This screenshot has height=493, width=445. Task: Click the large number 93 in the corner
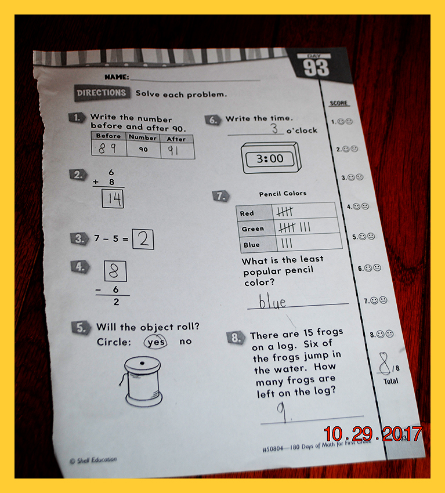pos(316,68)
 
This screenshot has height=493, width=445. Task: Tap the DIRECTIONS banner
pos(102,93)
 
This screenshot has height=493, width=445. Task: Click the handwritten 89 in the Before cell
pos(107,148)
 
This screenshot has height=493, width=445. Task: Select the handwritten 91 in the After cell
pos(173,150)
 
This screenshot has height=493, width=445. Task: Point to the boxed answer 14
pos(113,199)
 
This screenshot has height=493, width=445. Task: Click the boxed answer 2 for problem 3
pos(143,240)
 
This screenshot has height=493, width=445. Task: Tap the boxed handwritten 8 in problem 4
pos(115,271)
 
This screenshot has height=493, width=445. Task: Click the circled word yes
pos(155,342)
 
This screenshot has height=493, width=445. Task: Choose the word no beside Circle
pos(186,342)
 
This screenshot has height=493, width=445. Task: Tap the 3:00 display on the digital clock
pos(270,159)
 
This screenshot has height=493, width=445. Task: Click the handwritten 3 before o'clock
pos(274,128)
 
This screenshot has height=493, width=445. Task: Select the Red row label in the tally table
pos(247,213)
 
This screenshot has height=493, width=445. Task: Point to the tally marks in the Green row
pos(294,227)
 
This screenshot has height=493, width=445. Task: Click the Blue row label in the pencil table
pos(252,245)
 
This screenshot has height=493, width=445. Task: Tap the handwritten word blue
pos(272,301)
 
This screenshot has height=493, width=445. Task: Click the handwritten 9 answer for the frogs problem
pos(282,412)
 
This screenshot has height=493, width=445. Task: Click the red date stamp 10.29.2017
pos(372,434)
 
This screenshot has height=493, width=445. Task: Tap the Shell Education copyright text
pos(93,460)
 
